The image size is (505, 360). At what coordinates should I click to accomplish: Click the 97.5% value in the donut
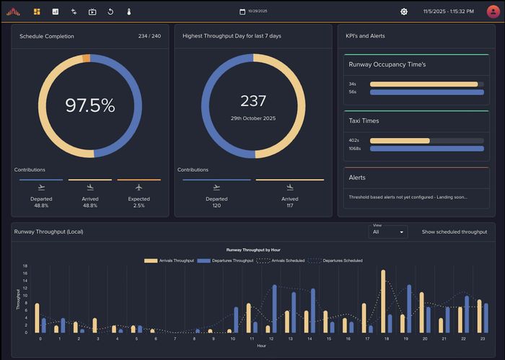point(90,105)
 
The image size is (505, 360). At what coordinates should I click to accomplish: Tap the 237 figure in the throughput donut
point(253,101)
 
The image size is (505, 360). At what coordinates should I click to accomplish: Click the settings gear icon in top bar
point(404,12)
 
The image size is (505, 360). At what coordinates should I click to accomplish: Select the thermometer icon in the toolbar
point(129,12)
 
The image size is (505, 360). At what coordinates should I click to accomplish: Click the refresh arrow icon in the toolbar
point(110,12)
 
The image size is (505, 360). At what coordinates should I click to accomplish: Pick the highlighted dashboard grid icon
point(37,12)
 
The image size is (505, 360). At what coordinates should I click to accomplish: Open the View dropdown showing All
point(388,232)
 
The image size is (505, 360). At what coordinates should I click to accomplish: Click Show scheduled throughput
point(454,232)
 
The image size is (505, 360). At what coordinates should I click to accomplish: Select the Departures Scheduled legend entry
point(338,260)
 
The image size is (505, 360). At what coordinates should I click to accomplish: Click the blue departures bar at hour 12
point(274,309)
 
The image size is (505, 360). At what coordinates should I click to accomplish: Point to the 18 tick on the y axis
point(25,265)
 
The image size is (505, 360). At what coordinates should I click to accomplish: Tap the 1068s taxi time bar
point(426,148)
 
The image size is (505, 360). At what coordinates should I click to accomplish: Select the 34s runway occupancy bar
point(423,84)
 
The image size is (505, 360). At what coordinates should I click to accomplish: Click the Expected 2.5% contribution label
point(139,202)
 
